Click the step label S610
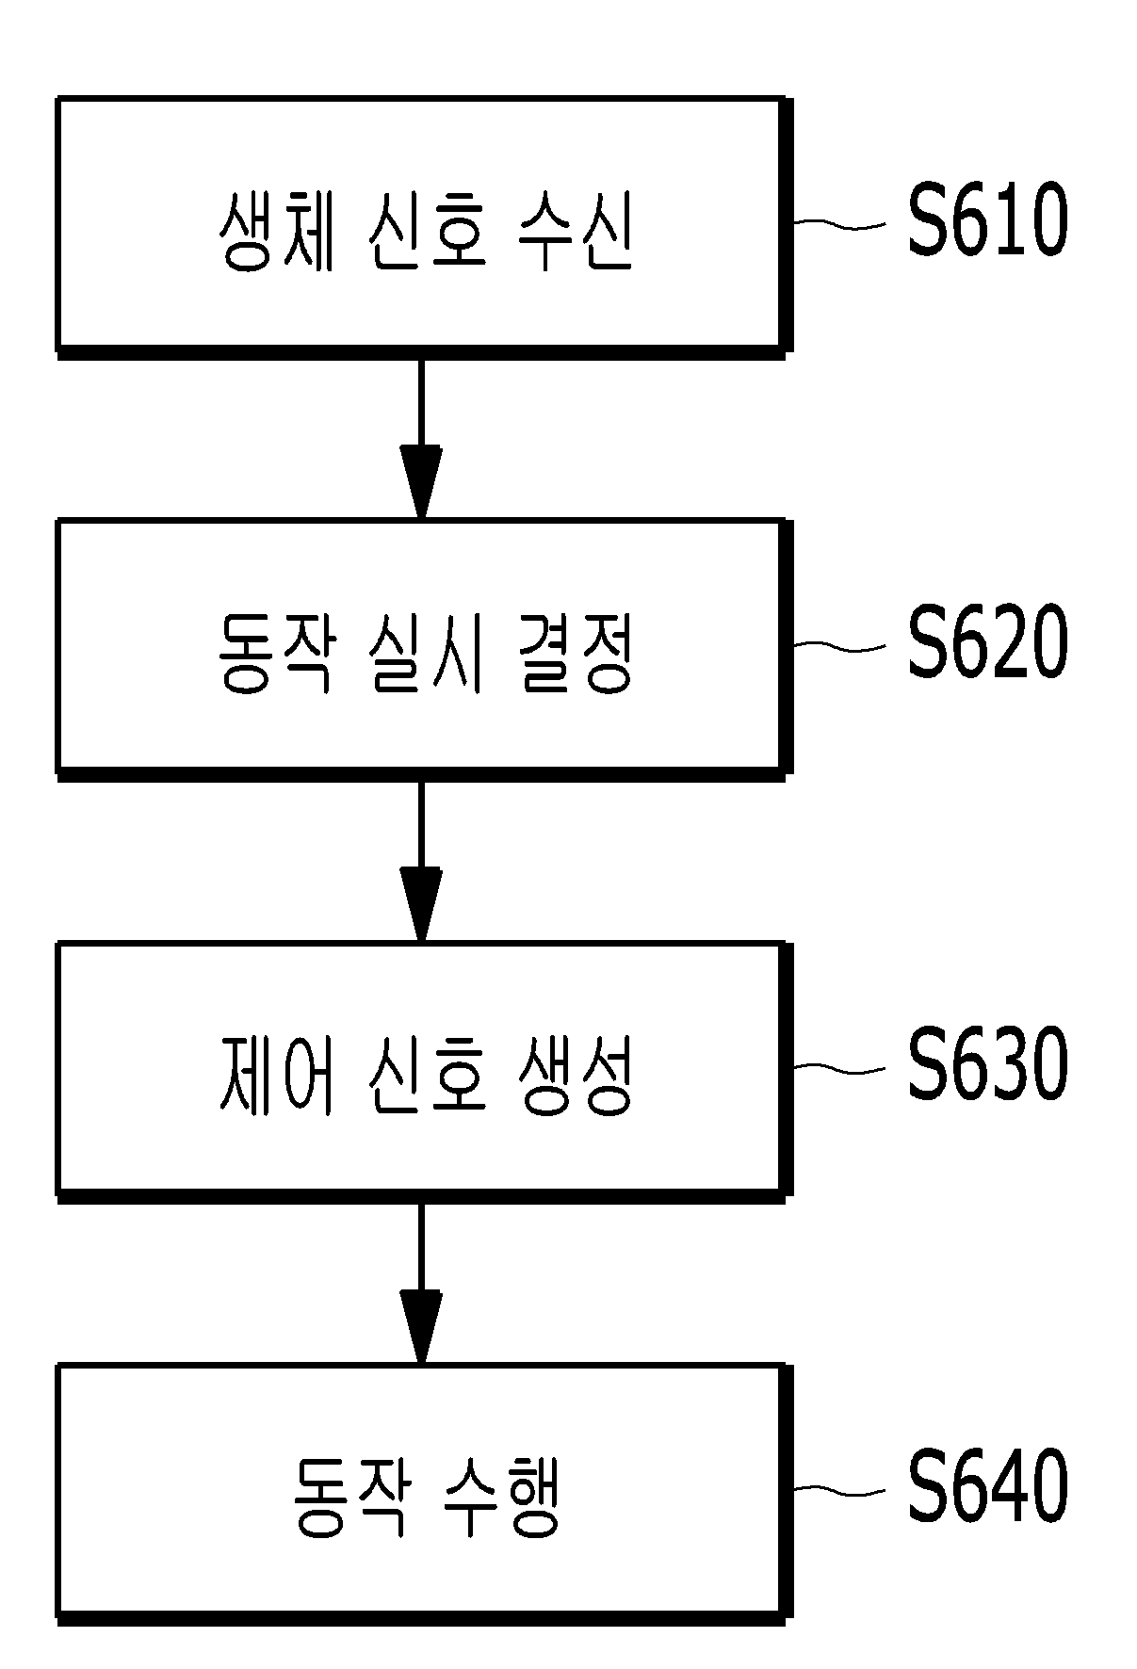pyautogui.click(x=987, y=221)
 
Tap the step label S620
pyautogui.click(x=987, y=644)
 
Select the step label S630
pyautogui.click(x=987, y=1066)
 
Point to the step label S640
pyautogui.click(x=987, y=1489)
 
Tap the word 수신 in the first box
pyautogui.click(x=575, y=233)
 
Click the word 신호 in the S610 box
pyautogui.click(x=426, y=233)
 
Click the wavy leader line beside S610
pyautogui.click(x=839, y=224)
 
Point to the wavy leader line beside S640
pyautogui.click(x=839, y=1491)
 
